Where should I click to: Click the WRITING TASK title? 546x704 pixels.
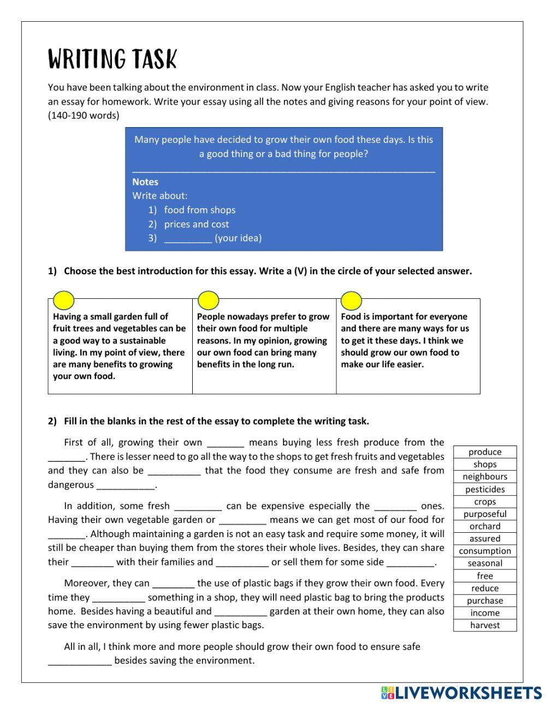112,59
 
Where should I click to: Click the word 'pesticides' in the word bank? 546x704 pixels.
485,489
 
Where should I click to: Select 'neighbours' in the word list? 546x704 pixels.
485,477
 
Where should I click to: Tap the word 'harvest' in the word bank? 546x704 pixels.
485,625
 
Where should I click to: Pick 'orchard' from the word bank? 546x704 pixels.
485,526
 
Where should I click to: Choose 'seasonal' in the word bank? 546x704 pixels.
485,563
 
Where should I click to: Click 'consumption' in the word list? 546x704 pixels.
485,551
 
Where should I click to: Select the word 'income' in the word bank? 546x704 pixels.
485,613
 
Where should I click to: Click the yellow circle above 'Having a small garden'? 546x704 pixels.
64,300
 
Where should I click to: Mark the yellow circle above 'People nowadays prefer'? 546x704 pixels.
208,300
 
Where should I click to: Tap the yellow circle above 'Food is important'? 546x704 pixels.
351,300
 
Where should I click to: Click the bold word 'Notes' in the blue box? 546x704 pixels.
145,182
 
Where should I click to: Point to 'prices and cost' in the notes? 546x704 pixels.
197,224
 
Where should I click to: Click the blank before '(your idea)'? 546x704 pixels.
188,238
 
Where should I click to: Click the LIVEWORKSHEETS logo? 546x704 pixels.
461,693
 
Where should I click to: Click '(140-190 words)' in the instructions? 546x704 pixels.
84,115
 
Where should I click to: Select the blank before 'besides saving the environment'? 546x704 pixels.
80,661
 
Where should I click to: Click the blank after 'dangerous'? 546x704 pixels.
126,485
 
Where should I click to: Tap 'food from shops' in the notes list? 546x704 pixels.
200,210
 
